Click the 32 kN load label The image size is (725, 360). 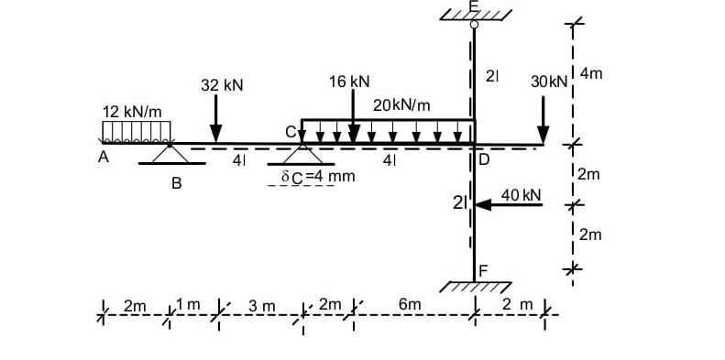222,85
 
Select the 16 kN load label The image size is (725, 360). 348,82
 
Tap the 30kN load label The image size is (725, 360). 549,82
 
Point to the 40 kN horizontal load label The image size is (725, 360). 522,195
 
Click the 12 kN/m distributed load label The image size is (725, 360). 132,112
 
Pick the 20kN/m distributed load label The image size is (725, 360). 401,105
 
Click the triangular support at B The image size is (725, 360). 170,153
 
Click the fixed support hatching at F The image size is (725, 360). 475,286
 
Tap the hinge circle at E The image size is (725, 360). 474,25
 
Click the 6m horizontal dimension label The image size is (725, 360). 410,304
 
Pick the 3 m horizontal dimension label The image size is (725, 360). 262,304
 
